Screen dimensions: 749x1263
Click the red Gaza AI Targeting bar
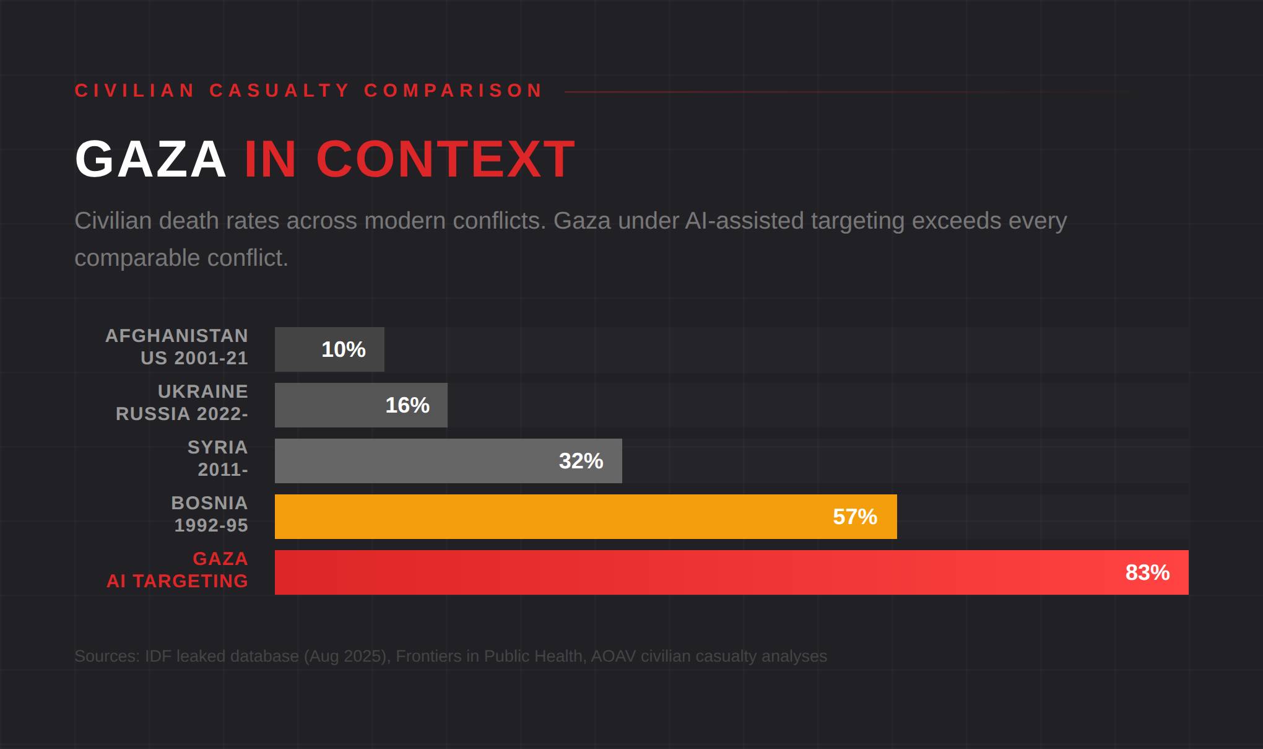click(681, 572)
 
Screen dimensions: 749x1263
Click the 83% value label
click(1147, 572)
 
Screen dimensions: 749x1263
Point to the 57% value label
click(854, 517)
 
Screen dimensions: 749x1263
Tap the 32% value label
click(581, 461)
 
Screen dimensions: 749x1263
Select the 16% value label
click(407, 405)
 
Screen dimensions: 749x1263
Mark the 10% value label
click(344, 349)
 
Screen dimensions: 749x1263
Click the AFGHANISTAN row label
click(176, 336)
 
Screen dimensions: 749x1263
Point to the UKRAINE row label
click(202, 392)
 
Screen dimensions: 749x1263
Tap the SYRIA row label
click(217, 447)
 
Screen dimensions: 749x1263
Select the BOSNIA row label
click(209, 503)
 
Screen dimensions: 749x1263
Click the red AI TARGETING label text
click(177, 581)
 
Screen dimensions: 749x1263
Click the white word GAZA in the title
click(150, 159)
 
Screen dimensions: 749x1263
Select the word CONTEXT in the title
click(446, 159)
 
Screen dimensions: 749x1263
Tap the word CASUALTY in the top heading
click(280, 90)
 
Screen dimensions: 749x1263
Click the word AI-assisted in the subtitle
click(744, 221)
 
